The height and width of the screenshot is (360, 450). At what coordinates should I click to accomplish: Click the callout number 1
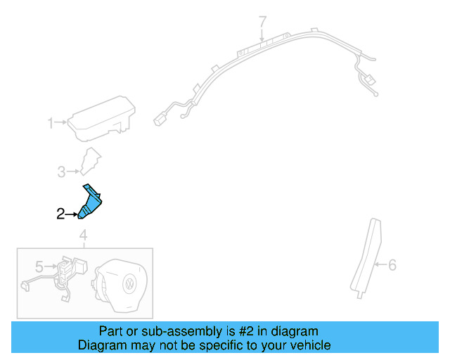(51, 124)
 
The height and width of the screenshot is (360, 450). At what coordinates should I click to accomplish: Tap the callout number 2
(60, 214)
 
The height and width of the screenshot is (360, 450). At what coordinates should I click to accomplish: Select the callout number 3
(61, 171)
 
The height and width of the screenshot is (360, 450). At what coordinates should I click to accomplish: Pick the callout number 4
(83, 235)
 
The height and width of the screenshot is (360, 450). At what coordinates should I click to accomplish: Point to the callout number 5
(40, 266)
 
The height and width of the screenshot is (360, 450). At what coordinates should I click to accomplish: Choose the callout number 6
(392, 265)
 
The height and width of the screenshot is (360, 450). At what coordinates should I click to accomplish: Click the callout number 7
(263, 21)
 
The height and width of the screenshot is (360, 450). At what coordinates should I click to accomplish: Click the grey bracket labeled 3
(89, 162)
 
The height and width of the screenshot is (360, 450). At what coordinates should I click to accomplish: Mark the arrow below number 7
(263, 34)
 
